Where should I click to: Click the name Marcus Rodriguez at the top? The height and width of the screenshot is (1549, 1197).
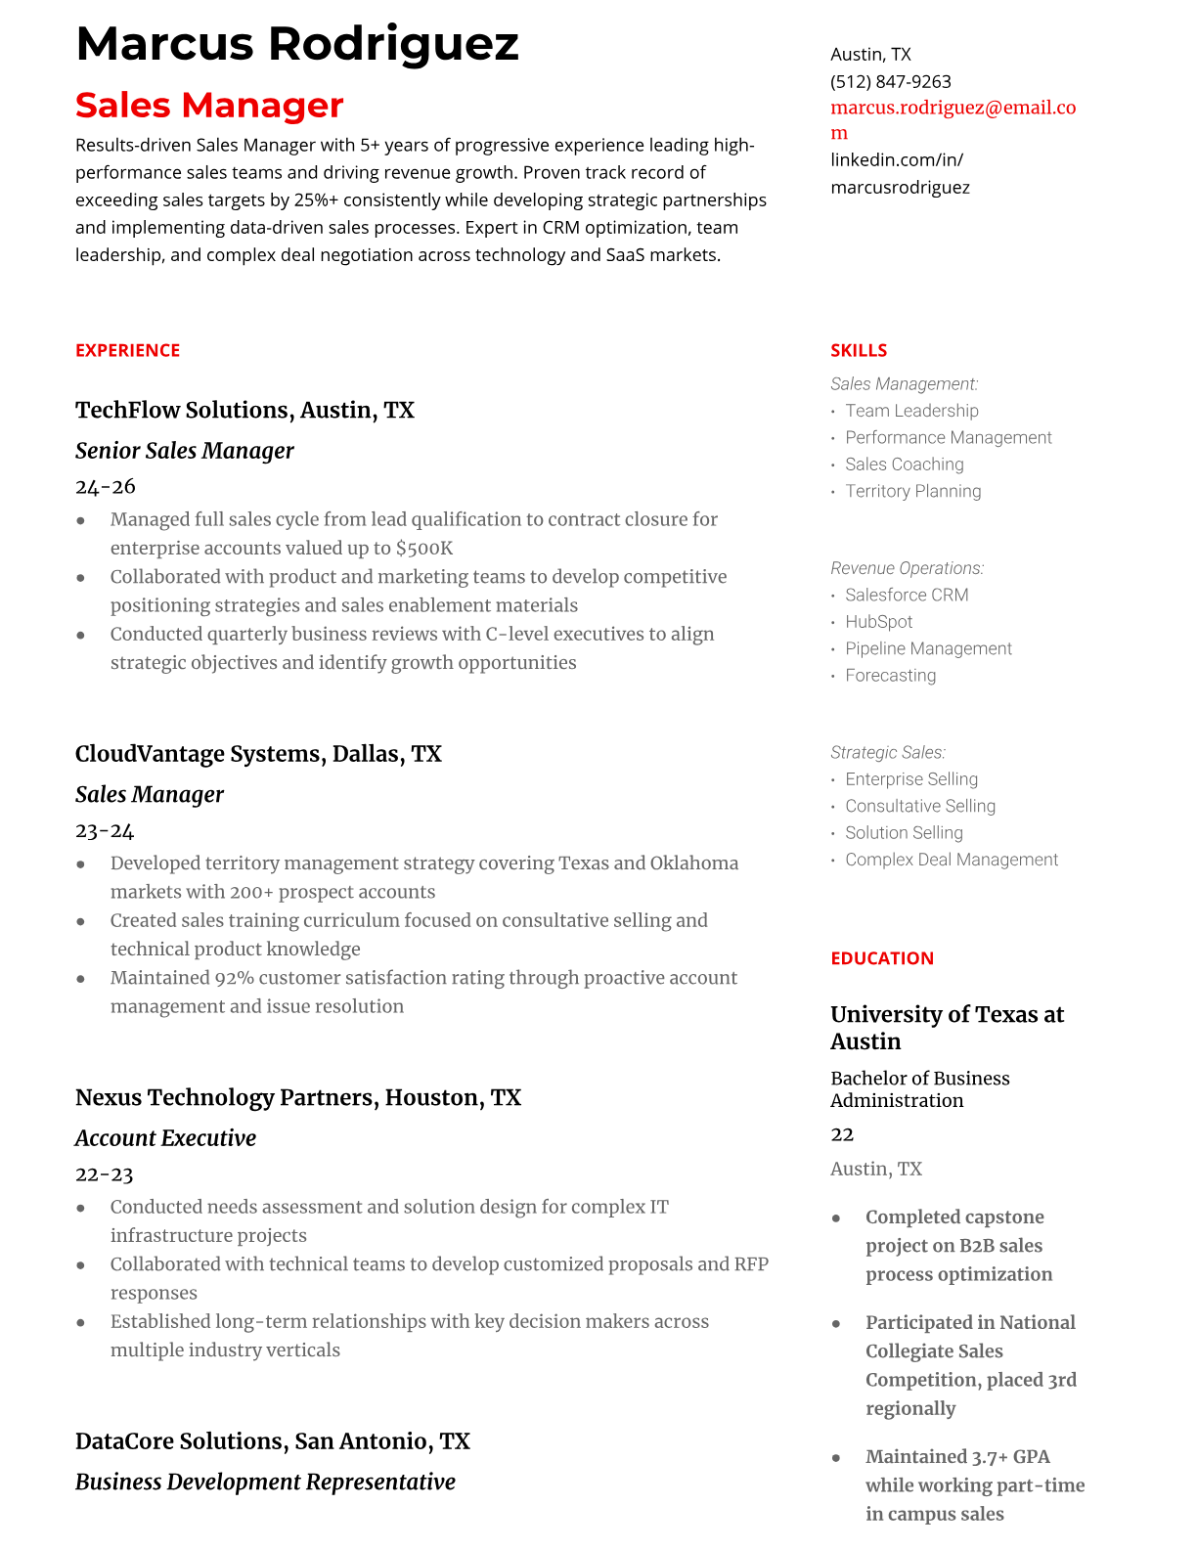coord(296,44)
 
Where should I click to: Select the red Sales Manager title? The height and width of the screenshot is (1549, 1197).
coord(209,105)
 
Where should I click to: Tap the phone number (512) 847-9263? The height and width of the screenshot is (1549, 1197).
coord(890,81)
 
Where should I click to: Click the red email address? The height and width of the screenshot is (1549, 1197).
coord(953,109)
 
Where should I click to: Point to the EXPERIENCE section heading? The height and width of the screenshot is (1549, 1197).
coord(127,350)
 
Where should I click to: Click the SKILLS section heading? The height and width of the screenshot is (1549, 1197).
coord(859,350)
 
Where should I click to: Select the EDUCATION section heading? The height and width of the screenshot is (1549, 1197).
coord(881,958)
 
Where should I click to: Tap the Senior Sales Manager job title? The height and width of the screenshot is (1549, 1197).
coord(184,451)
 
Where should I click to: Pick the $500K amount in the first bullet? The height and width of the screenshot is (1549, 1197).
coord(424,549)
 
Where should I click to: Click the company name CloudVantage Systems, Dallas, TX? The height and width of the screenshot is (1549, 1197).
coord(258,754)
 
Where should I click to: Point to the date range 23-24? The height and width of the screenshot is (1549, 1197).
coord(105,830)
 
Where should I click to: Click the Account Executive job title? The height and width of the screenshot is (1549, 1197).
coord(165,1138)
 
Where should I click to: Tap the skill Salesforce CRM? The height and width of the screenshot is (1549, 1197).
coord(907,595)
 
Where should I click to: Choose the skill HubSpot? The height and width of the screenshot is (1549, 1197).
coord(878,622)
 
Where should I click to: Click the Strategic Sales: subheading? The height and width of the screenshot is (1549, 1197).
coord(887,752)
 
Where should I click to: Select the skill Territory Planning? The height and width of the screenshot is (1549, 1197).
coord(912,491)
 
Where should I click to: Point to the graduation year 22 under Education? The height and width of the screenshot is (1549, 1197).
coord(842,1134)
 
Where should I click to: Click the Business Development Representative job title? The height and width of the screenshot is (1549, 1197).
coord(265,1483)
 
